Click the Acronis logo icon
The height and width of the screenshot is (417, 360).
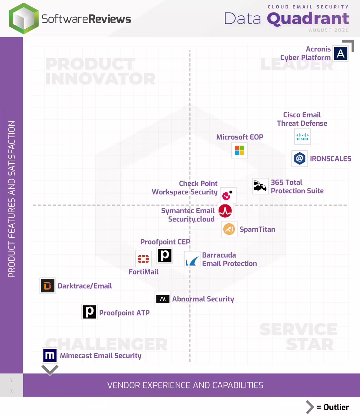coord(340,53)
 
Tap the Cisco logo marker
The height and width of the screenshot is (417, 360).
coord(302,137)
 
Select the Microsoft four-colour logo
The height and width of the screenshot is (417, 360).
coord(239,150)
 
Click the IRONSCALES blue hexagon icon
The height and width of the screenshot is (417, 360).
coord(299,158)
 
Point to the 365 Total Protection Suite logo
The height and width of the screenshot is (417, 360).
coord(260,186)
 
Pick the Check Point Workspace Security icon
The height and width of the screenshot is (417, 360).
coord(228,195)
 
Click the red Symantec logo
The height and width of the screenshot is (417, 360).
coord(225,211)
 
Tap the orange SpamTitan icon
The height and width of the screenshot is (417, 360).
coord(229,229)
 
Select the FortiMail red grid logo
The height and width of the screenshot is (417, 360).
coord(143,259)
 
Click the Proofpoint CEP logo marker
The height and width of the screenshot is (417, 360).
coord(165,256)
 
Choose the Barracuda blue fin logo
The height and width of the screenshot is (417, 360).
coord(192,259)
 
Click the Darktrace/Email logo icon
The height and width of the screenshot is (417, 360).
coord(48,286)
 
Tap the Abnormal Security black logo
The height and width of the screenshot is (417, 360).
coord(163,299)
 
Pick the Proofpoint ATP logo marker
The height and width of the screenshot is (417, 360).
coord(89,312)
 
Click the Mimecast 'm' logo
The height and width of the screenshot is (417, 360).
coord(50,355)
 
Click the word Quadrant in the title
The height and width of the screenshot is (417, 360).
coord(308,19)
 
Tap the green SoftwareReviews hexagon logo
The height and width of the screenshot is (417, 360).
coord(24,18)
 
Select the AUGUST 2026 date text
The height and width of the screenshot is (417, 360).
coord(329,30)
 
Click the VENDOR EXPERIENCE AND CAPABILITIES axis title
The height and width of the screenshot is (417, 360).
coord(185,385)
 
